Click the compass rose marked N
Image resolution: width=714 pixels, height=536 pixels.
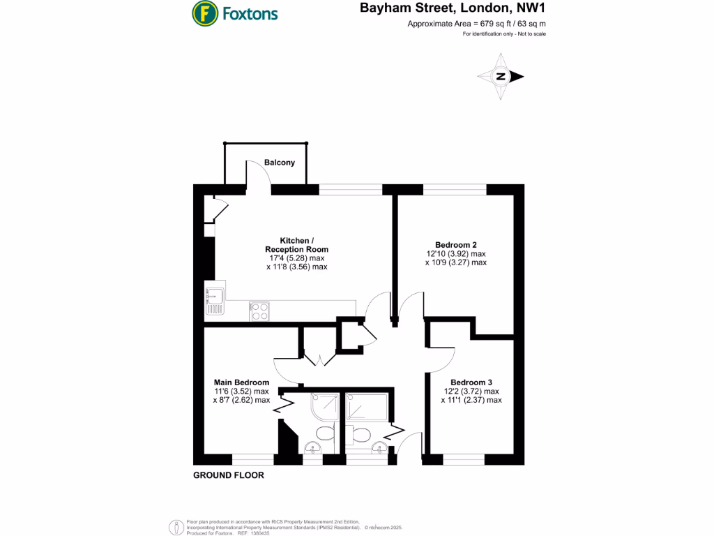[x=501, y=77]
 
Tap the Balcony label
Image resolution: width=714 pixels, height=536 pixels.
[x=279, y=163]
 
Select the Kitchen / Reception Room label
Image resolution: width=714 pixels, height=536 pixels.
[x=296, y=245]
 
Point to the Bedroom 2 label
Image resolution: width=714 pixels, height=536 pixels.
[x=456, y=245]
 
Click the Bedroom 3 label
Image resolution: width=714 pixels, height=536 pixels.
[x=471, y=382]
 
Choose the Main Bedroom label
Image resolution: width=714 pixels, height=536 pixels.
[x=241, y=382]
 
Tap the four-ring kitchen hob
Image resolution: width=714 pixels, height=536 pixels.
[x=260, y=311]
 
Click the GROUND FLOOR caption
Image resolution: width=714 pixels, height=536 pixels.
[x=229, y=475]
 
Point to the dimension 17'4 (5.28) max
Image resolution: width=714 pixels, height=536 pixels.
[x=296, y=258]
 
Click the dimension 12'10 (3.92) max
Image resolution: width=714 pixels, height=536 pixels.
[x=456, y=254]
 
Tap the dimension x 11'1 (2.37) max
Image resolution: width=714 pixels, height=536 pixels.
[x=471, y=401]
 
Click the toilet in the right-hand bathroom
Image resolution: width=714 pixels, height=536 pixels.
[x=361, y=435]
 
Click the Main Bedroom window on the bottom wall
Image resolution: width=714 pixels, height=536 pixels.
[x=253, y=459]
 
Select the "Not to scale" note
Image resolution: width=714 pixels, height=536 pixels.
[x=529, y=34]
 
